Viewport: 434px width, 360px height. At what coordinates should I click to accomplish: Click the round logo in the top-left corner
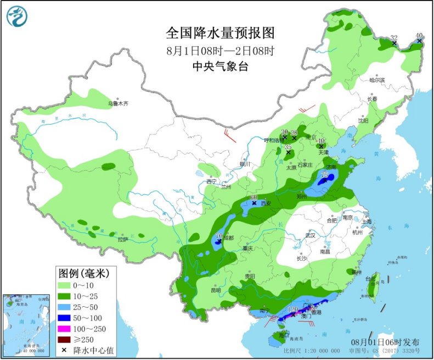[17, 16]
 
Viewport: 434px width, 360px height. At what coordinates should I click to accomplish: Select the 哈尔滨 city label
[377, 80]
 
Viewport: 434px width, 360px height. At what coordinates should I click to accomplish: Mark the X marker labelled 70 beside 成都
[219, 242]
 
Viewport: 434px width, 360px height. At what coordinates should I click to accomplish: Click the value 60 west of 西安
[253, 197]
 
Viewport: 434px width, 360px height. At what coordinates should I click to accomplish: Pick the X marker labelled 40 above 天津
[321, 147]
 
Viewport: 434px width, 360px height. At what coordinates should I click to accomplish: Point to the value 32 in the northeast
[393, 38]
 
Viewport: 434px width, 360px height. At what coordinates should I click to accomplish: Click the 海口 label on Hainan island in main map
[283, 335]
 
